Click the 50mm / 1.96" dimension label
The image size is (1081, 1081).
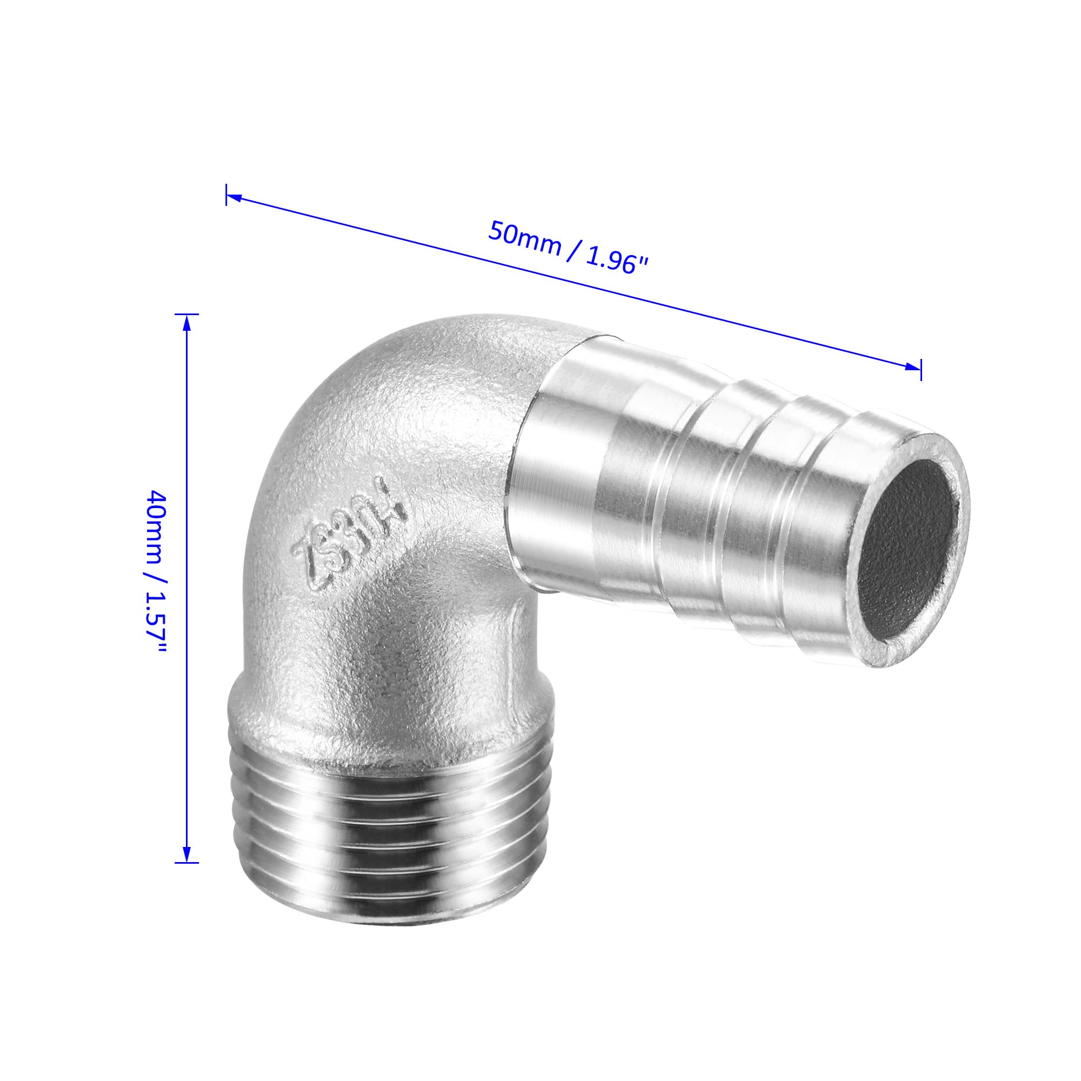568,248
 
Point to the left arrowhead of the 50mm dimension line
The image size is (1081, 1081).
235,197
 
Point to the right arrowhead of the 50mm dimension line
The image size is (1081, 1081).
912,367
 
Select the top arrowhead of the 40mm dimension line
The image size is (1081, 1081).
187,323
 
